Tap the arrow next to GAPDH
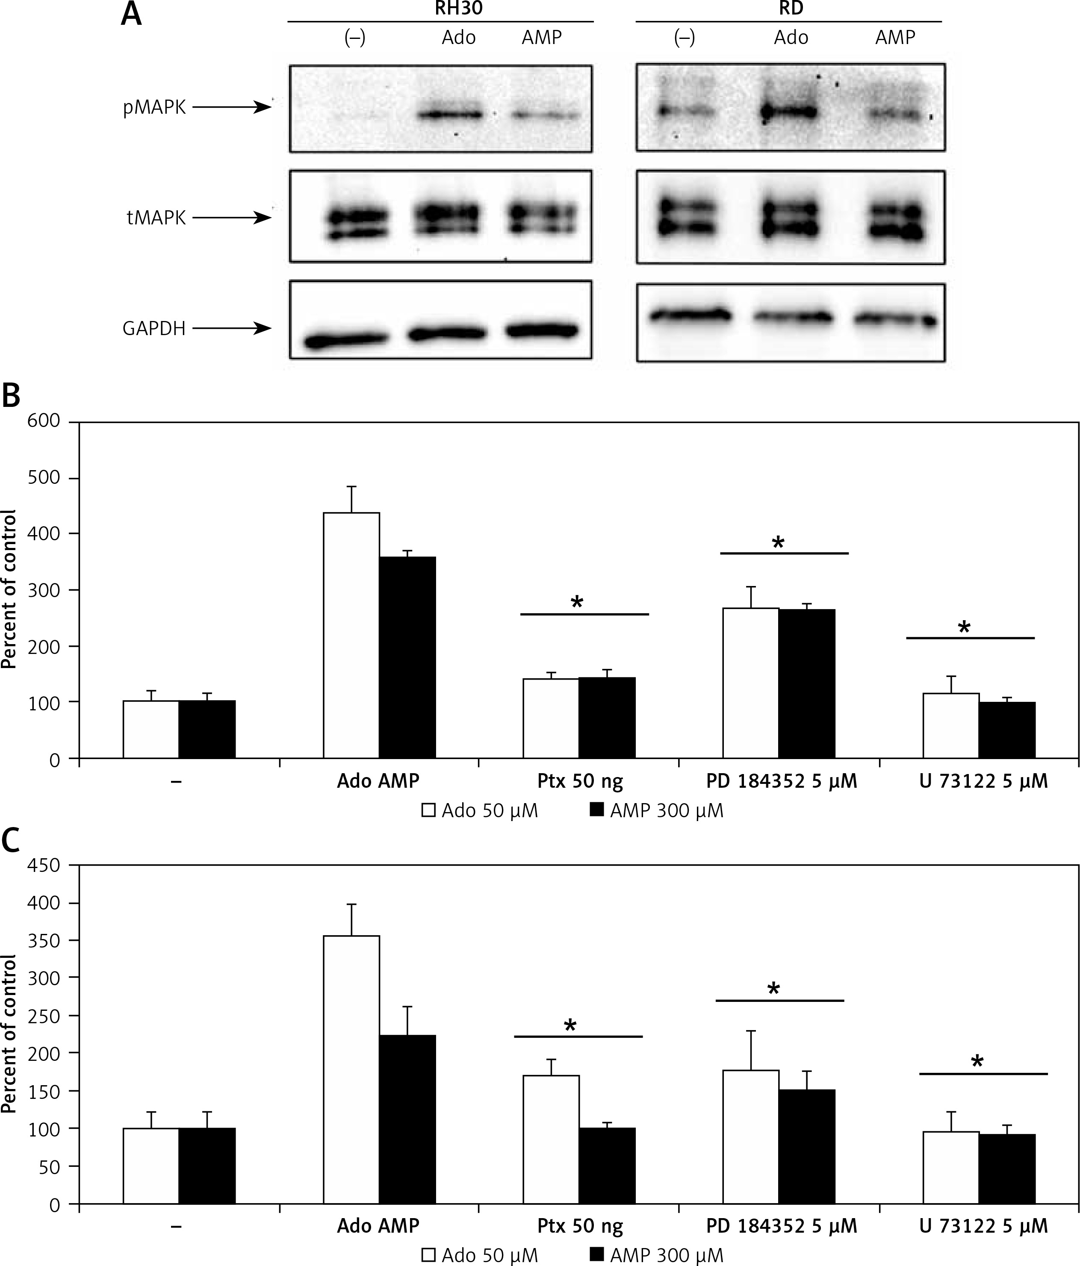[232, 329]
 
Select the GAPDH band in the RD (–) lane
[690, 315]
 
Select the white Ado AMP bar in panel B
[351, 636]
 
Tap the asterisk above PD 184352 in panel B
[778, 542]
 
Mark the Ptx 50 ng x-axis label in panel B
[580, 781]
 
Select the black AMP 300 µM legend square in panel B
[596, 810]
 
